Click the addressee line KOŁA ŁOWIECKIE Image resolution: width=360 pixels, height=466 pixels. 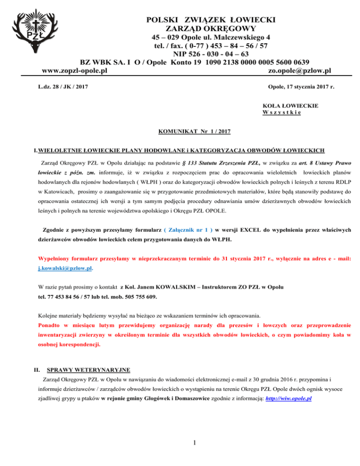(x=291, y=106)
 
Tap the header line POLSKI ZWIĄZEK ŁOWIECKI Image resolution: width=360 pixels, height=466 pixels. (x=210, y=20)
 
